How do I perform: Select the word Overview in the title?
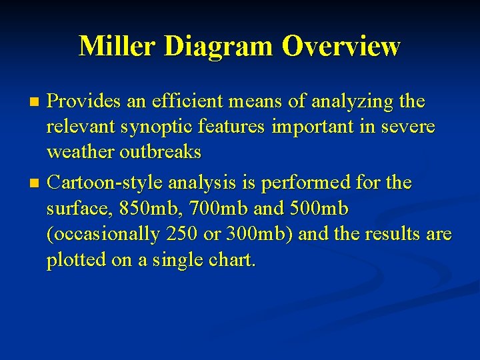341,47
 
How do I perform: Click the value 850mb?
144,208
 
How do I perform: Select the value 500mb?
317,208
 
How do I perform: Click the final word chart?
233,260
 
